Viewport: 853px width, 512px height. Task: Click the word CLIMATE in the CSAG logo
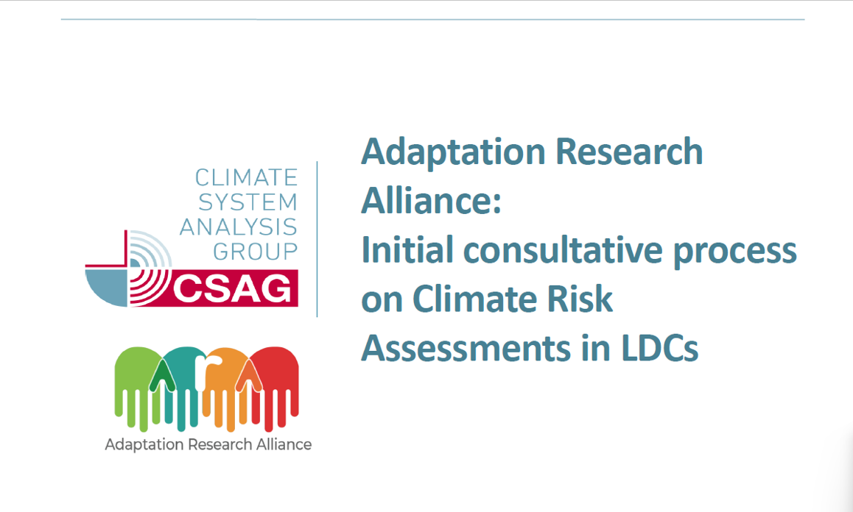(x=247, y=178)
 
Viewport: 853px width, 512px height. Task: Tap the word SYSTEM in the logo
(x=248, y=202)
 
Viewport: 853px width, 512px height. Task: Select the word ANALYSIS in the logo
(x=239, y=227)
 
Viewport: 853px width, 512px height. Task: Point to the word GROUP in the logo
(x=256, y=252)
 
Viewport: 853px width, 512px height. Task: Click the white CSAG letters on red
(x=232, y=288)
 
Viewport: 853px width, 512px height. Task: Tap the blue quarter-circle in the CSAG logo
(x=107, y=287)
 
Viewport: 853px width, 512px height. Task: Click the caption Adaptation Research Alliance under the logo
(x=208, y=444)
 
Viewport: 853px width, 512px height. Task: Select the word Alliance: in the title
(x=431, y=201)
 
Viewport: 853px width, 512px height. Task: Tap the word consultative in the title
(x=563, y=250)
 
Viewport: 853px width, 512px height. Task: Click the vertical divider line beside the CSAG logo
(x=317, y=239)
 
